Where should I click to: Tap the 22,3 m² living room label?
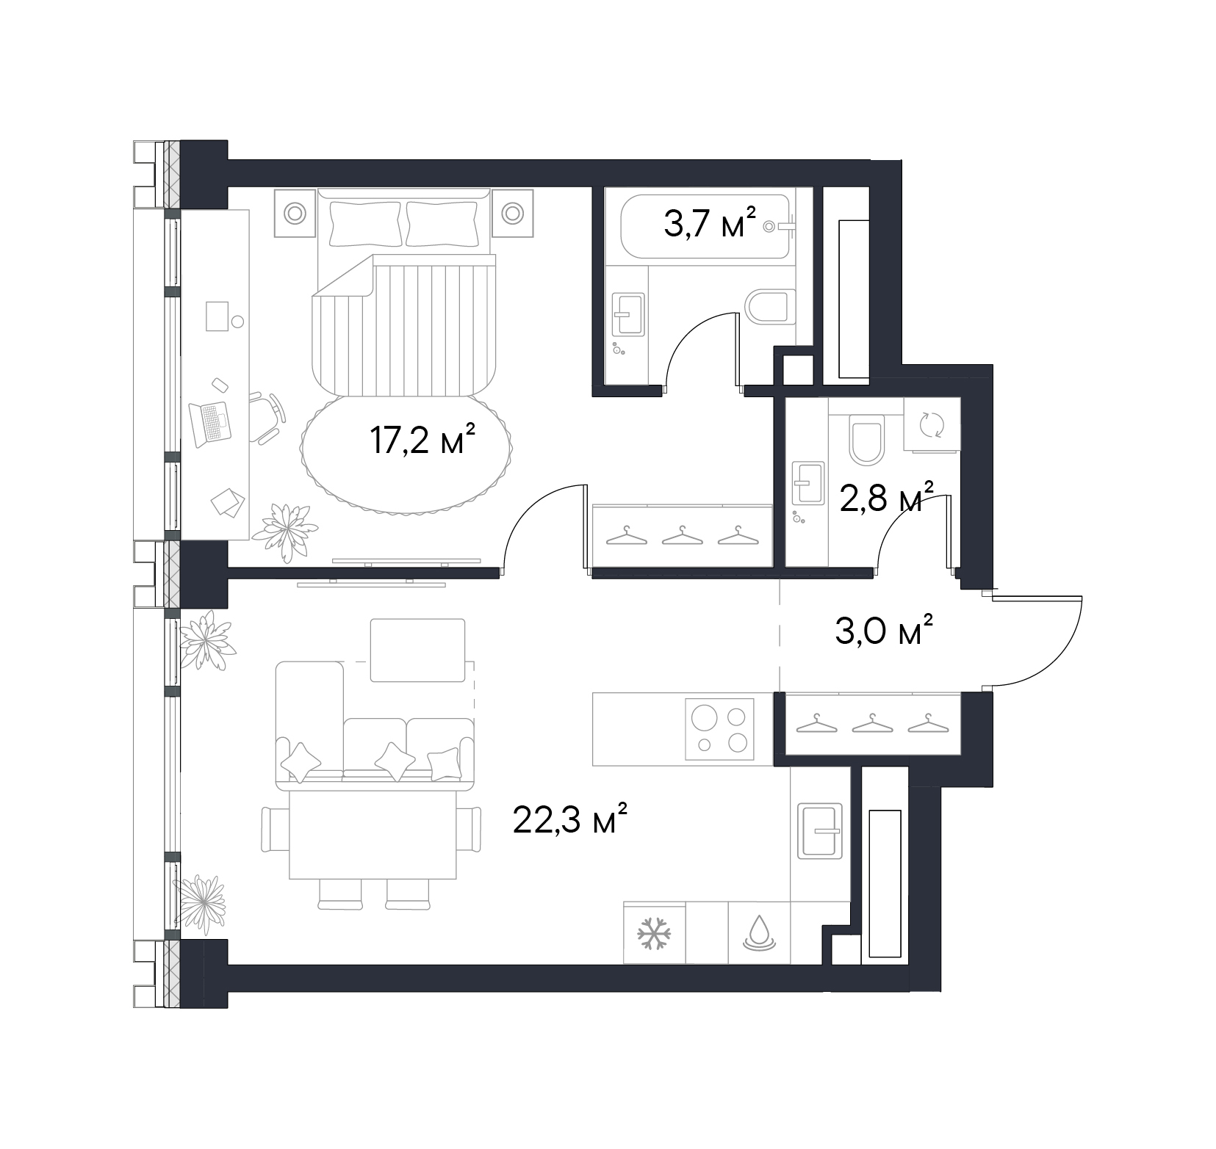point(570,819)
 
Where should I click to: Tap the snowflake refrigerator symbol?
point(654,933)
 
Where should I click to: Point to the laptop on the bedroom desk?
point(210,424)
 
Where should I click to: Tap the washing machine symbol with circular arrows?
point(931,424)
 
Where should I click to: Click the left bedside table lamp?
point(295,214)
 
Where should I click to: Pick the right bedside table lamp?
point(512,214)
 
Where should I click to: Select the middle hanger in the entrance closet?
point(871,723)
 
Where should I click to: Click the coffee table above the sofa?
point(417,650)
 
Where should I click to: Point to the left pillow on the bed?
point(366,224)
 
